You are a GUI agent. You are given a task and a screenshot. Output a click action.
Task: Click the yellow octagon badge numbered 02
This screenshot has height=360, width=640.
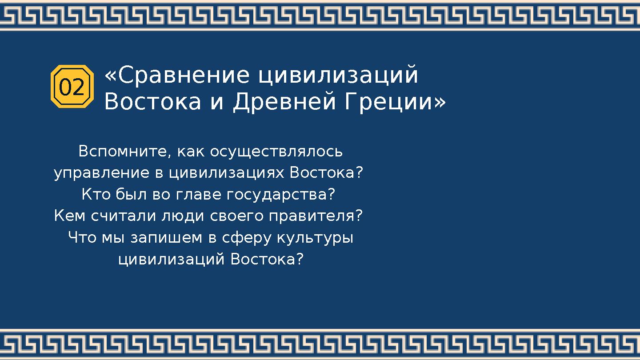pos(72,87)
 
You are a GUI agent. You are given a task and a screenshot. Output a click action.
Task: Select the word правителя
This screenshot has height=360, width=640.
pos(312,216)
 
